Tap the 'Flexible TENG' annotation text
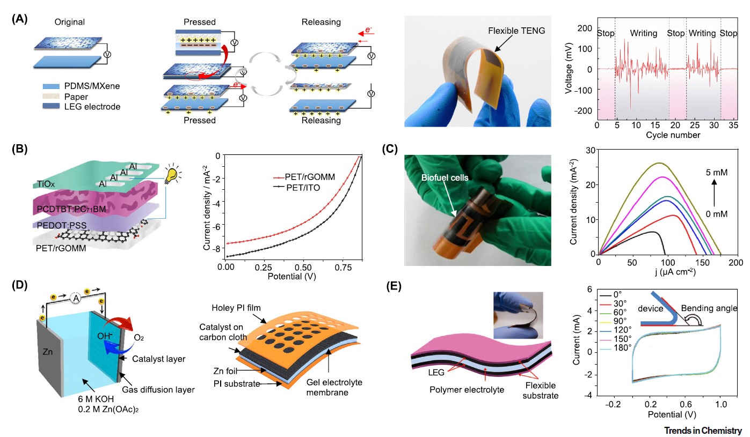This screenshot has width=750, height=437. click(516, 32)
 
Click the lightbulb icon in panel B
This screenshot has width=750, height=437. click(172, 175)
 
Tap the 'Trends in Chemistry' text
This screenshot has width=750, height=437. click(703, 430)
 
